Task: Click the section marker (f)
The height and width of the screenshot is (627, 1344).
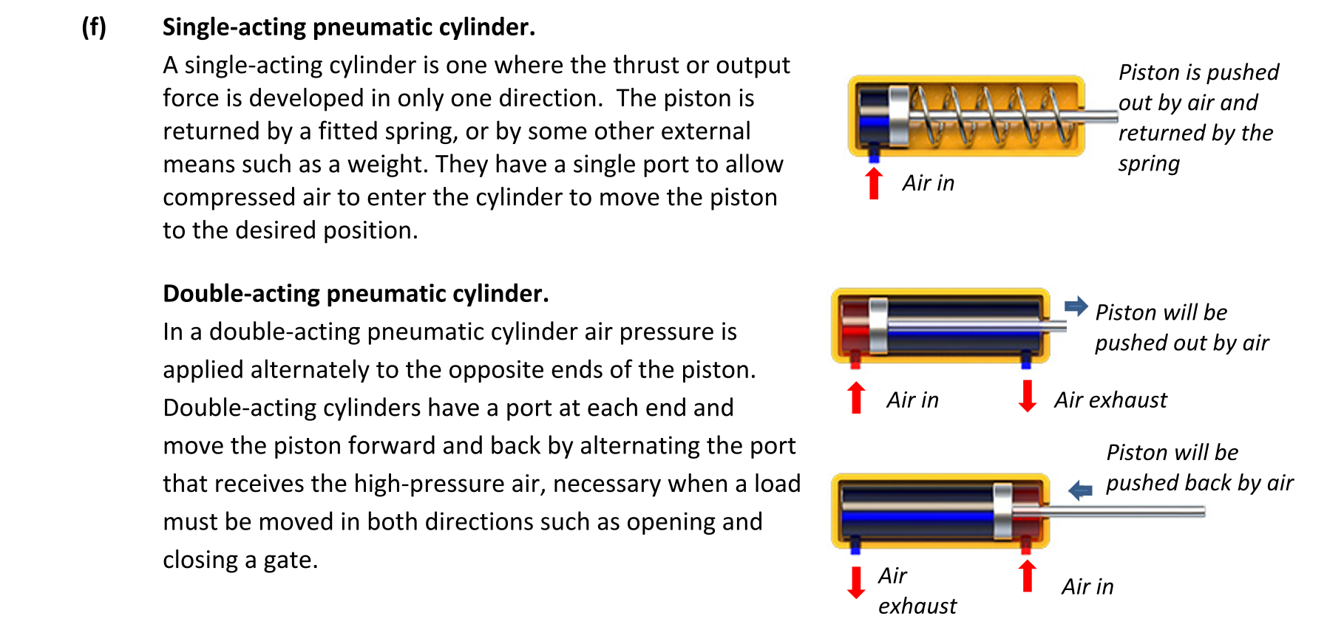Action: click(94, 27)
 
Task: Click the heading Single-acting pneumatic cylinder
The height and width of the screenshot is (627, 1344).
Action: click(349, 27)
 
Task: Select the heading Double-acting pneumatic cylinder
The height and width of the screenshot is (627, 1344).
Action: click(356, 294)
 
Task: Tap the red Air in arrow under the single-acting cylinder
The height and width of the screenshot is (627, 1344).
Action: click(874, 183)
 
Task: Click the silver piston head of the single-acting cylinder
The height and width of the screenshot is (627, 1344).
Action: click(899, 115)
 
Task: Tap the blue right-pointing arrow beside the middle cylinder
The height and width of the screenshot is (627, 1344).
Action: click(1076, 306)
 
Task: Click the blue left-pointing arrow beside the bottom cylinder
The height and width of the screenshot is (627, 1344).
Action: click(1080, 490)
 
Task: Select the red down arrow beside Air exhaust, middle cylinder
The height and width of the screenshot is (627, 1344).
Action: click(1027, 396)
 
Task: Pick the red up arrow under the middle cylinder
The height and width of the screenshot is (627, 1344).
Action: click(856, 397)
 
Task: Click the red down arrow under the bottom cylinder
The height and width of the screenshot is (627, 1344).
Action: click(856, 583)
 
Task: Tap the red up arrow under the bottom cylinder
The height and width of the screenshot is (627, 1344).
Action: click(1027, 576)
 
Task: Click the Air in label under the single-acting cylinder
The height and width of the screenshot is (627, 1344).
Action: click(929, 183)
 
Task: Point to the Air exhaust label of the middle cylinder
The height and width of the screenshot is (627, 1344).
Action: click(1111, 400)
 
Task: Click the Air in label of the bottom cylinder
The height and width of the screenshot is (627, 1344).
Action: click(1087, 587)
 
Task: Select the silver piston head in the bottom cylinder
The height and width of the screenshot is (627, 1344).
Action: click(1003, 511)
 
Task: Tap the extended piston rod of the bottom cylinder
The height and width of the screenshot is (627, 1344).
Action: click(1109, 511)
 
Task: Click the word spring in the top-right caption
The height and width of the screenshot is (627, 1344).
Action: click(1149, 164)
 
